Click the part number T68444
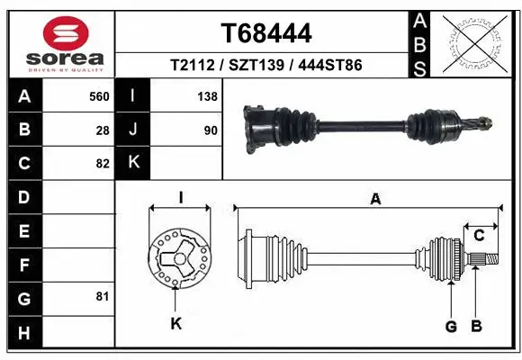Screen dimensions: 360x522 click(266, 34)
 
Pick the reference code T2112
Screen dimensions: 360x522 click(192, 66)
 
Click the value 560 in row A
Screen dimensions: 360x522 click(98, 96)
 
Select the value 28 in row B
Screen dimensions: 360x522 click(103, 130)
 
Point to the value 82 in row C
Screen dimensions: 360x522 click(103, 164)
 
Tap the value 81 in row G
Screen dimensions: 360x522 click(102, 296)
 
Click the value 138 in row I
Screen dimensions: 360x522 click(207, 96)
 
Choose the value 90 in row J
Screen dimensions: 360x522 click(211, 130)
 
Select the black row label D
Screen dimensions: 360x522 click(23, 197)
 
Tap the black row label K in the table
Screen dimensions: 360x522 click(133, 163)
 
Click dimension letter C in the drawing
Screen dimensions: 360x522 click(479, 235)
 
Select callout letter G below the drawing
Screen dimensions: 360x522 click(451, 325)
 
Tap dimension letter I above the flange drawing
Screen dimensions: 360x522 click(180, 197)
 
